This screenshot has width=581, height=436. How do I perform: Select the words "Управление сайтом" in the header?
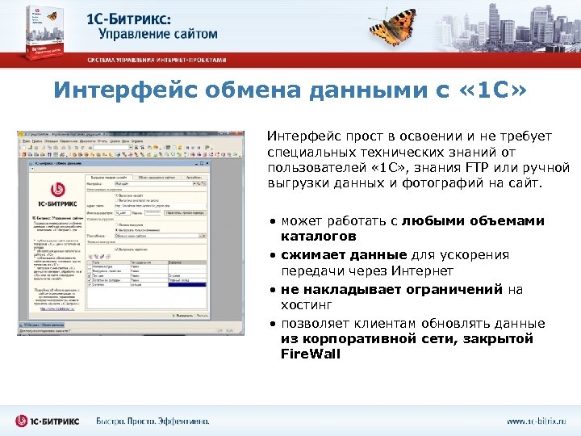(158, 34)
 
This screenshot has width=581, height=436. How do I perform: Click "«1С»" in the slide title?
(494, 90)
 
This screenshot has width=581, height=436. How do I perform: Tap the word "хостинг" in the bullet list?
(307, 305)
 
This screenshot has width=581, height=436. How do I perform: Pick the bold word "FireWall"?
(311, 354)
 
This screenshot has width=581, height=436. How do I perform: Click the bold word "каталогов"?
(318, 237)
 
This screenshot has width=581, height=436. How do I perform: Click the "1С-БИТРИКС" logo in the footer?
(48, 421)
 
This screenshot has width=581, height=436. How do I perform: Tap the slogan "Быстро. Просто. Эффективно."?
(153, 421)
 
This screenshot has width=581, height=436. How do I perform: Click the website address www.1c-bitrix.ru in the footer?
(537, 421)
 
